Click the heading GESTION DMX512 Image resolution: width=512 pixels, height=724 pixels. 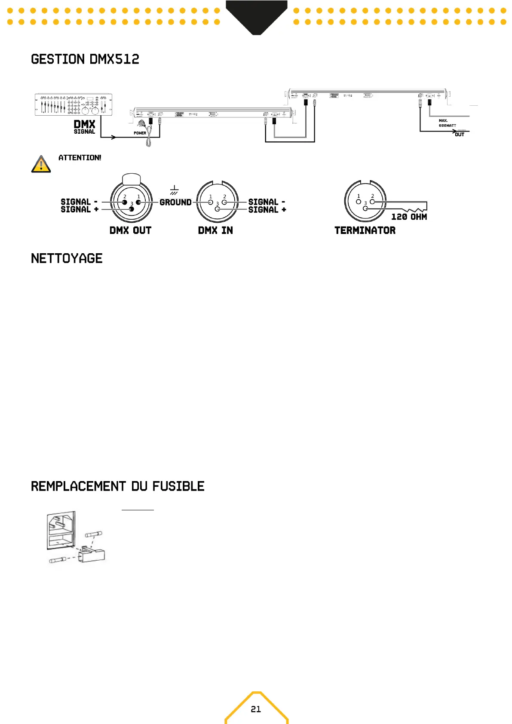tap(85, 59)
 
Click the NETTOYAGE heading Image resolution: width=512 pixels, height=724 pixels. tap(67, 258)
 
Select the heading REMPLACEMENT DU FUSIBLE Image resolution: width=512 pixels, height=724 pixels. tap(117, 486)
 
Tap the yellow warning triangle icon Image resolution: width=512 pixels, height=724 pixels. tap(41, 164)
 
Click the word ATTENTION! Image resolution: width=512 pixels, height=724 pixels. tap(80, 158)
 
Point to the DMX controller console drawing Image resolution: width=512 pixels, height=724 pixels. tap(73, 104)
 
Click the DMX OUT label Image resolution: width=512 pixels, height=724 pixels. tap(130, 230)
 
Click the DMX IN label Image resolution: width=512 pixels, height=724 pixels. tap(215, 230)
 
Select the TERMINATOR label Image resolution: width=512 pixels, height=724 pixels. tap(365, 230)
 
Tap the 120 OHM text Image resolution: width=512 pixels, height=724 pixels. tap(409, 217)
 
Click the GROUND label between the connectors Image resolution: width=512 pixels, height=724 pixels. tap(175, 202)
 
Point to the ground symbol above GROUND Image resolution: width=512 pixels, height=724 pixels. tap(174, 190)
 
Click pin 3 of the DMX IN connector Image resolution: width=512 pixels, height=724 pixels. tap(217, 209)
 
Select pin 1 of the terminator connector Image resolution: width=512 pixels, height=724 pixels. tap(359, 201)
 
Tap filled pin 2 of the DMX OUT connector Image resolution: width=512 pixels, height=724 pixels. tap(125, 202)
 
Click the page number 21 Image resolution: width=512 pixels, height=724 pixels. tap(256, 709)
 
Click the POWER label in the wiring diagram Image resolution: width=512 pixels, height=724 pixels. tap(140, 133)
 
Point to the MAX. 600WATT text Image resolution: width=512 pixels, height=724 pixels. tap(447, 123)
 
